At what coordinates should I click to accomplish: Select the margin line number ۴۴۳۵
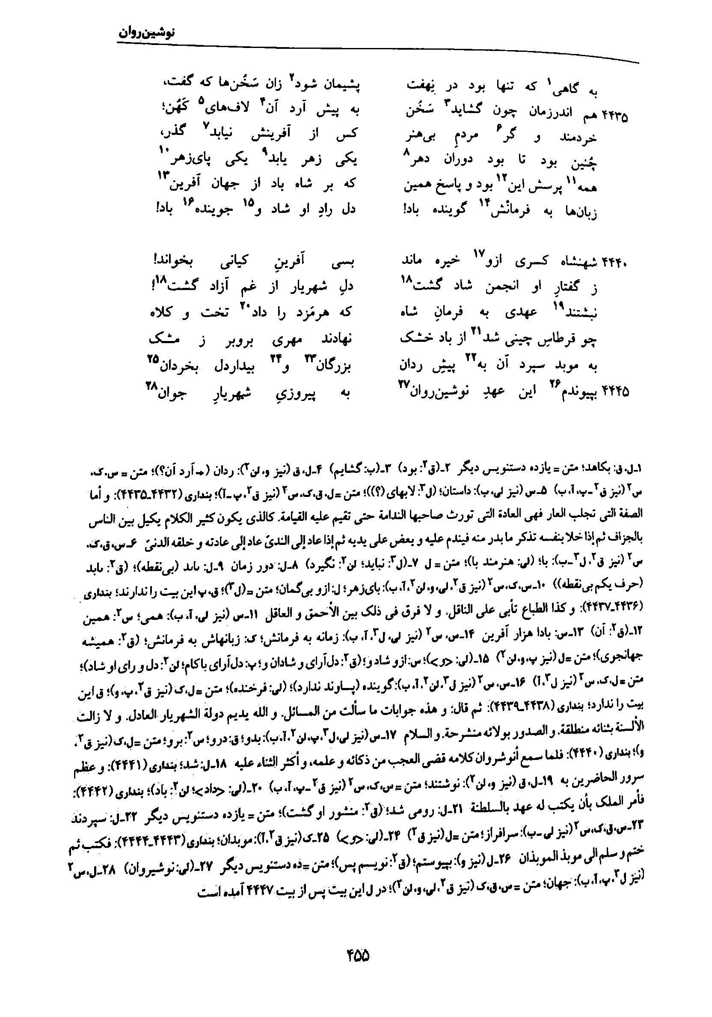(615, 117)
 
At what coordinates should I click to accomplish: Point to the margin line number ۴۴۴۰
(615, 263)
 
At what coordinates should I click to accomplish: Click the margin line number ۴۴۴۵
(615, 392)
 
